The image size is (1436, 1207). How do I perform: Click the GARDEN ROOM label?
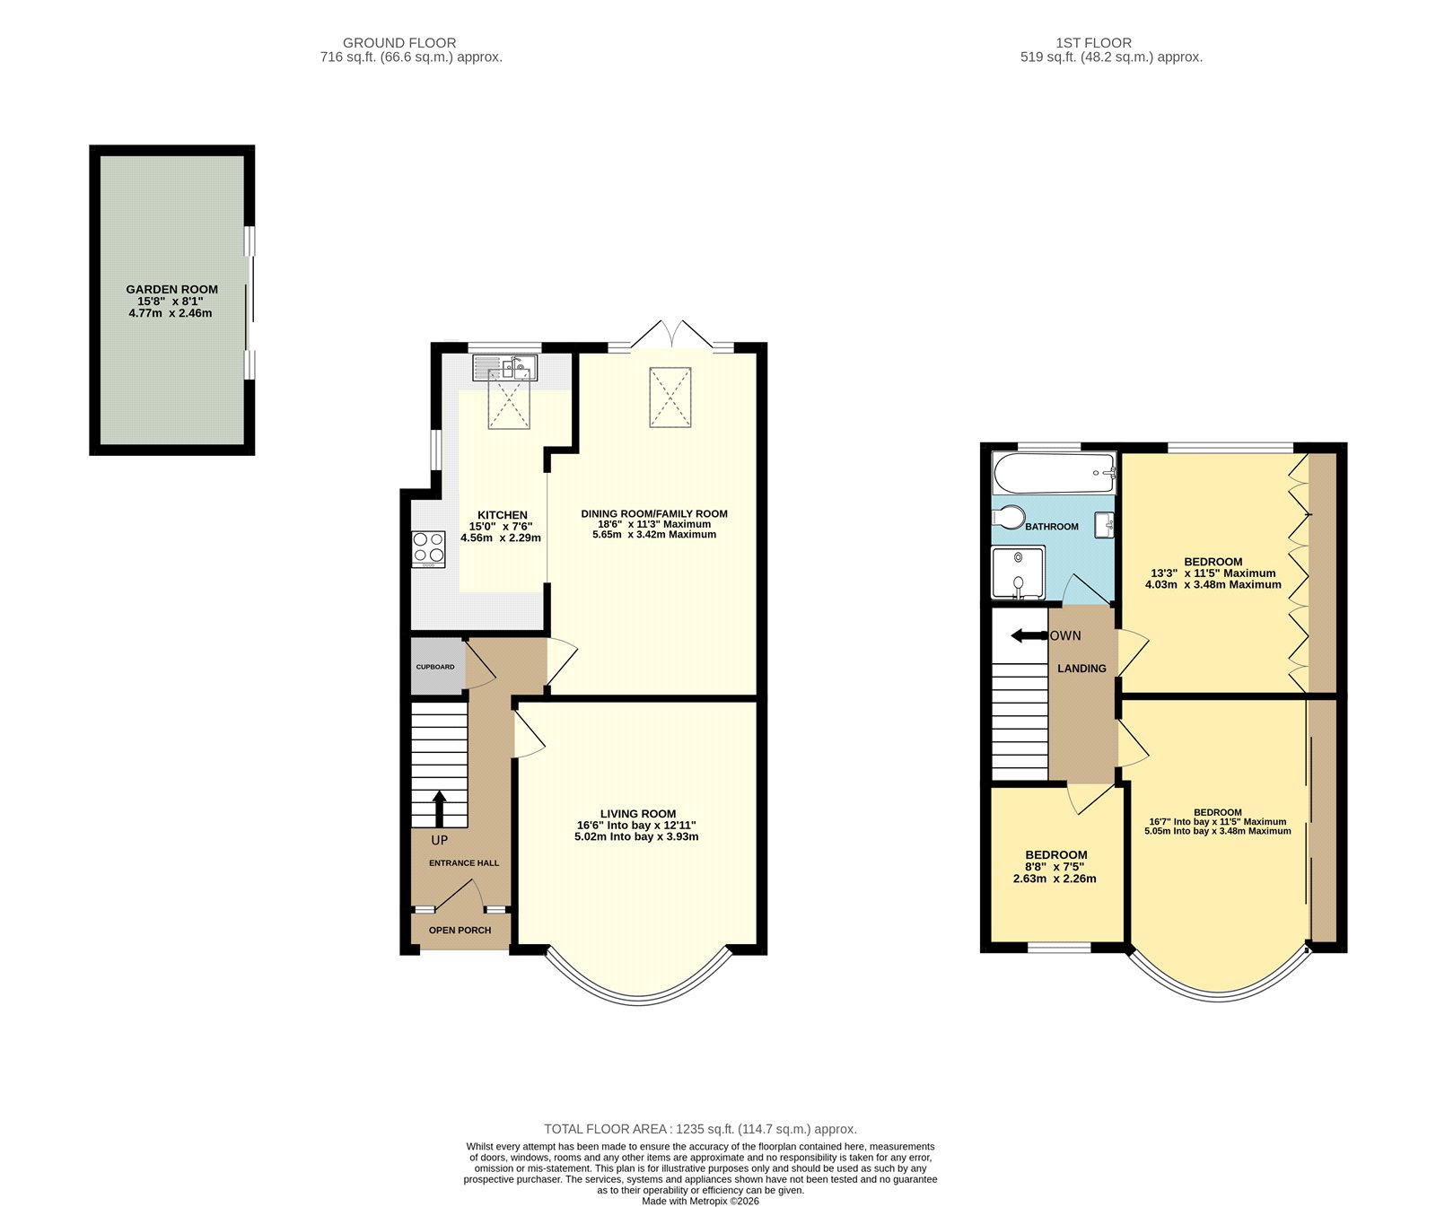[171, 289]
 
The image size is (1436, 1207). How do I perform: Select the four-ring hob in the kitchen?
[428, 549]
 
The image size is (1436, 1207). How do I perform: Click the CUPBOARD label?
[435, 667]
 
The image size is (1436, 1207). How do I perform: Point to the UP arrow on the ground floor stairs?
[439, 808]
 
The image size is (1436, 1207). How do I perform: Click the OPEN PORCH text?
[460, 930]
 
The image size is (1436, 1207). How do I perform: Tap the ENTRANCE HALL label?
[463, 862]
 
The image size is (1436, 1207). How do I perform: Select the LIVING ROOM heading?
[637, 814]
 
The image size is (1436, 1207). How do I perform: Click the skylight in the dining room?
[670, 397]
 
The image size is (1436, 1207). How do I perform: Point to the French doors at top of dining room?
[670, 335]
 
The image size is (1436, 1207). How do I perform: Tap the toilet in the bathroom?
[1010, 519]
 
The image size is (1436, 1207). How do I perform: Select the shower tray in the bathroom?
[1018, 573]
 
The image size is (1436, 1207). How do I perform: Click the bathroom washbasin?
[1105, 525]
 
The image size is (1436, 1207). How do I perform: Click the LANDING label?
[1081, 669]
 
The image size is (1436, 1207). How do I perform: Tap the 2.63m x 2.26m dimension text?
[1055, 879]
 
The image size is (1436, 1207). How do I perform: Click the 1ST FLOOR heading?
[1093, 42]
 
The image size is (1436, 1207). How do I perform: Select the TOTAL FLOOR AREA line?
[700, 1129]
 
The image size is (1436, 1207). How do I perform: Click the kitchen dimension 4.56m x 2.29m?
[501, 538]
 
